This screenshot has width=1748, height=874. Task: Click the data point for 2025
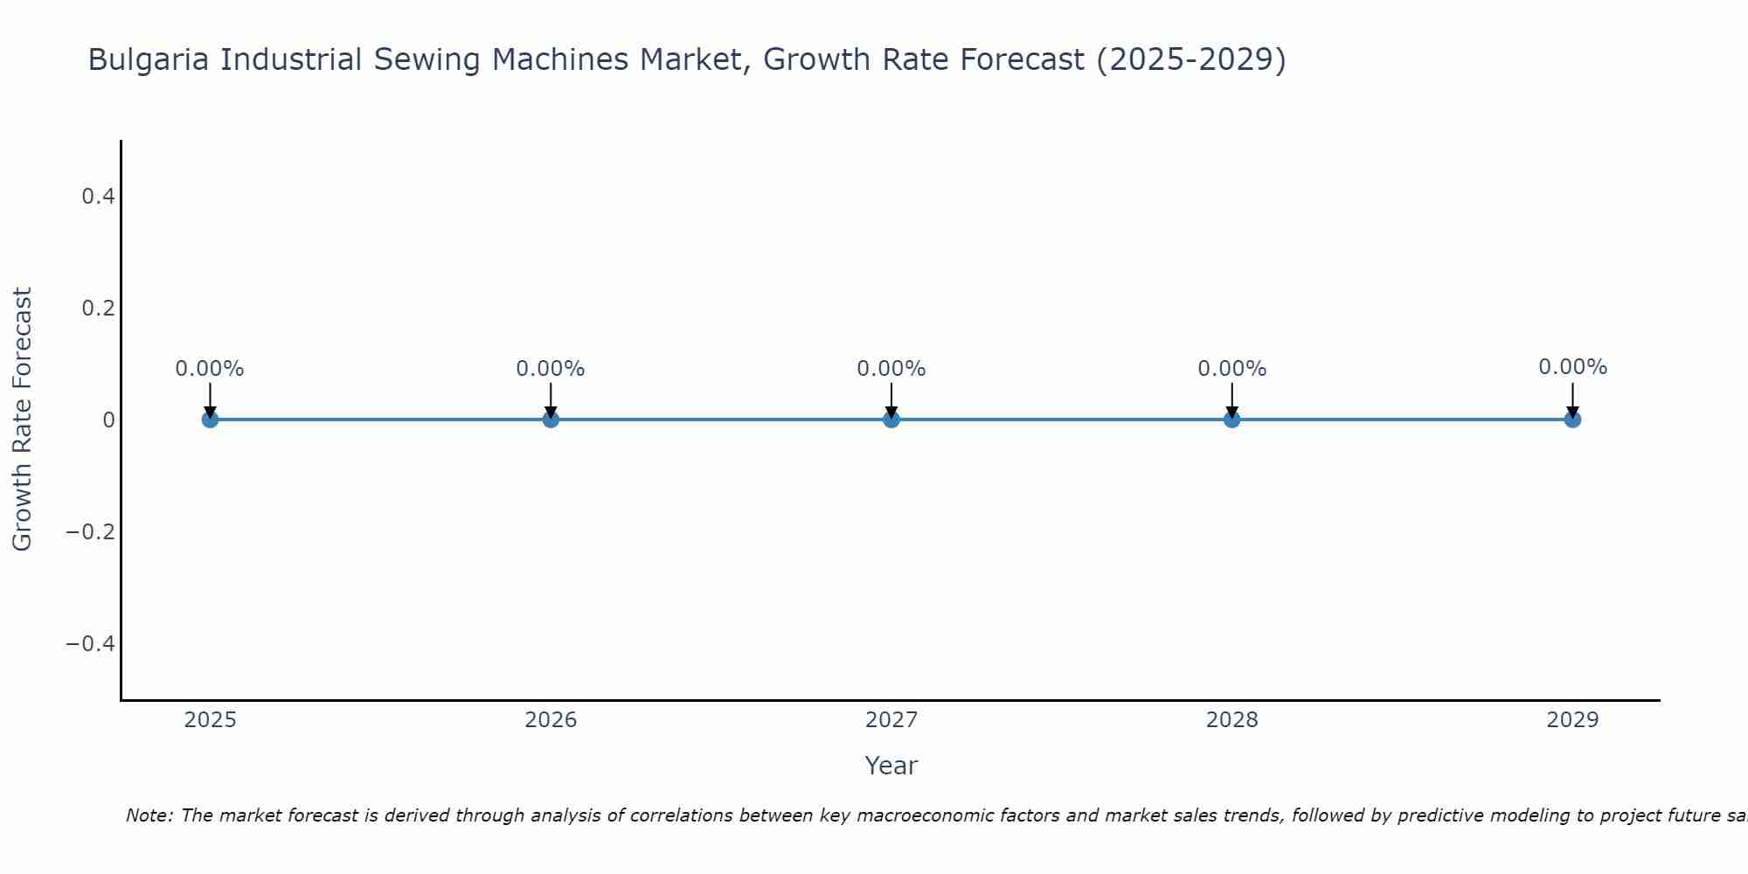210,420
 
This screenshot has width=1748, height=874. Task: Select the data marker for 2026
551,420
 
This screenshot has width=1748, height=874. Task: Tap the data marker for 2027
891,420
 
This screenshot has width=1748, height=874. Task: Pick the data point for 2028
1231,420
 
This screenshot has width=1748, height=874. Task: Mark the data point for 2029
1572,420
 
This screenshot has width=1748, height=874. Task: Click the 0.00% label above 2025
210,369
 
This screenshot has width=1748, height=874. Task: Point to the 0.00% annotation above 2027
891,369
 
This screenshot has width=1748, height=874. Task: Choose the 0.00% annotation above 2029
1572,367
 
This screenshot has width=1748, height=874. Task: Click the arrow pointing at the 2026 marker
551,399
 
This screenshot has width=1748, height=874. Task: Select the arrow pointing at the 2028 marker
1231,399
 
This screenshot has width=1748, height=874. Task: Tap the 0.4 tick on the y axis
99,197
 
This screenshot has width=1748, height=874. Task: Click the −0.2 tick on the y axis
91,532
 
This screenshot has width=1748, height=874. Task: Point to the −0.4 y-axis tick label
91,644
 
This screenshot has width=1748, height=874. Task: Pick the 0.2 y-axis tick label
99,309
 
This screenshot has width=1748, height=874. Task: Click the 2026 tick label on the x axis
551,720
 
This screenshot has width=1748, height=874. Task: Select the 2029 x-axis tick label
1572,720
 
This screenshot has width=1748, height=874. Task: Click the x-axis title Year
891,766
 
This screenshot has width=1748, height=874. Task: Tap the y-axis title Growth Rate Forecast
22,420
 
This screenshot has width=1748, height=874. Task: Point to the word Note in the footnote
149,815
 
